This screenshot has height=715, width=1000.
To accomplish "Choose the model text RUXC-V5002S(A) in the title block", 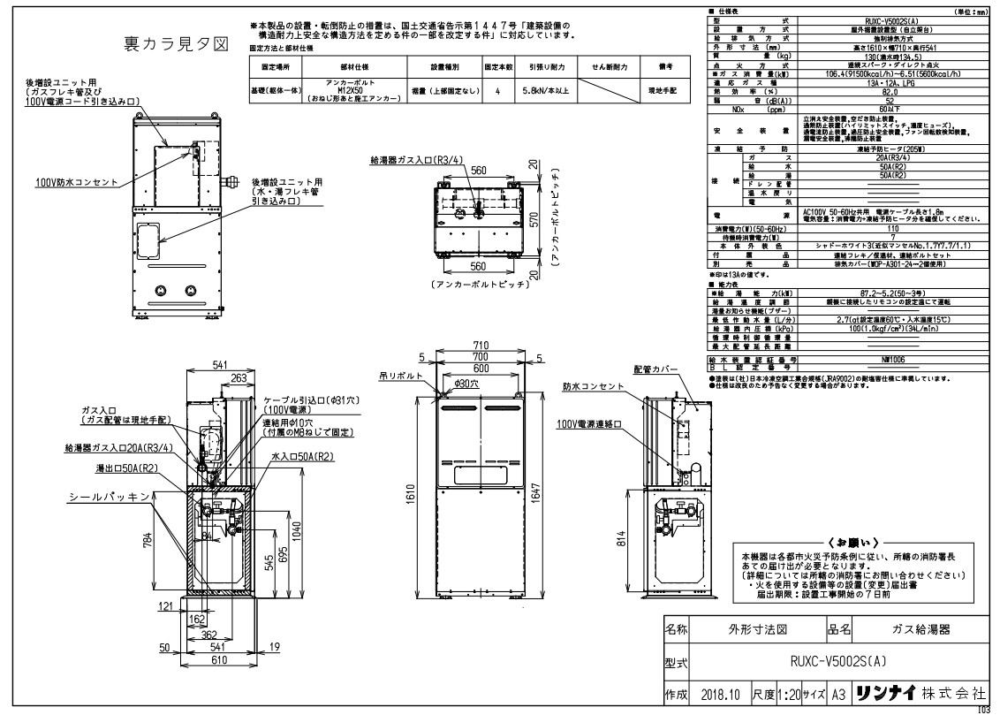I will click(x=831, y=660).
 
